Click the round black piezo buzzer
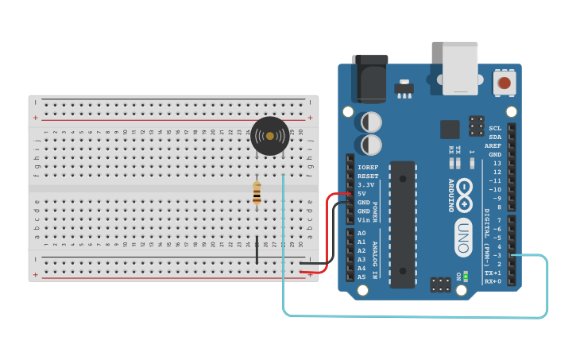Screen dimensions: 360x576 point(270,136)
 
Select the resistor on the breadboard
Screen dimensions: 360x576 point(257,193)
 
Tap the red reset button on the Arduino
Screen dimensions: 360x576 point(504,83)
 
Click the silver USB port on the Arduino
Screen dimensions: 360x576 point(460,68)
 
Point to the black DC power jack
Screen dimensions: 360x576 point(370,79)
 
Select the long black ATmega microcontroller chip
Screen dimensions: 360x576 point(403,224)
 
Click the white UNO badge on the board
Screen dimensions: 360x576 point(463,237)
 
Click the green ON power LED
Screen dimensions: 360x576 point(466,276)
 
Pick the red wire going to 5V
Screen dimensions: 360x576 point(328,230)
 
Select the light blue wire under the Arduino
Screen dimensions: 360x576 point(413,316)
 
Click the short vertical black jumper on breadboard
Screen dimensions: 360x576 point(257,250)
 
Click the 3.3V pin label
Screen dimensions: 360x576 point(366,185)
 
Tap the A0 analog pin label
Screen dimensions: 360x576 point(361,233)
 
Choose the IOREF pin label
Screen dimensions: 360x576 point(368,168)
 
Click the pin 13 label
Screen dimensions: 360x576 point(497,163)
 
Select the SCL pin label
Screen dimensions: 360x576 point(495,128)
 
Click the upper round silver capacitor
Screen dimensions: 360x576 point(371,122)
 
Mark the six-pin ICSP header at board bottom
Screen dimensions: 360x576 point(441,285)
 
